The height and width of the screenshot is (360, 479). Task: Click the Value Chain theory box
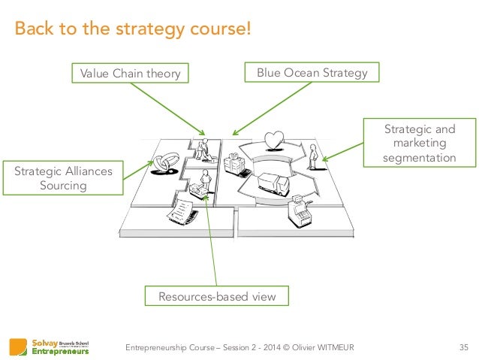pos(129,73)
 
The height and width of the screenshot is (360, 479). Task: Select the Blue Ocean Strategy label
pos(312,73)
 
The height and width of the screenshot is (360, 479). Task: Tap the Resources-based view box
pos(216,297)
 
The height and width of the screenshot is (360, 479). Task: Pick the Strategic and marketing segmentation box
pos(420,143)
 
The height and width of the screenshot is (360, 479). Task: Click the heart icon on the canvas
pos(275,139)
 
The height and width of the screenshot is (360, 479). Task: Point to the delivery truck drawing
pos(270,183)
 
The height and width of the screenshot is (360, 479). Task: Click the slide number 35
pos(462,346)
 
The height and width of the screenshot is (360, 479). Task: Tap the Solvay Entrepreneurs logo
pos(50,346)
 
